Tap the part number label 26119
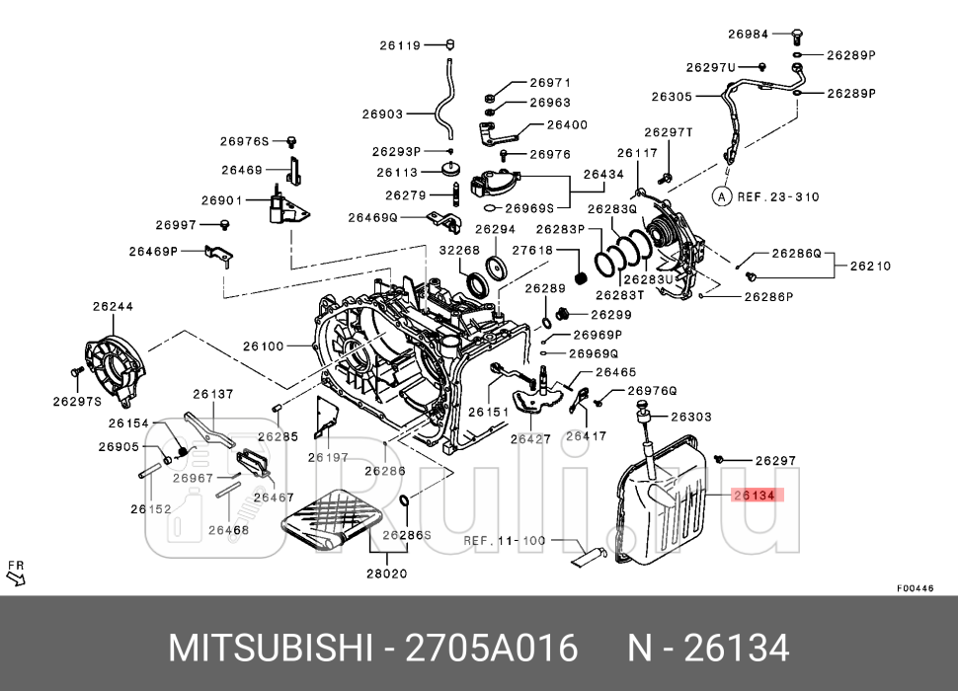[401, 44]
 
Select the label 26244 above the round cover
[113, 307]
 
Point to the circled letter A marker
[722, 196]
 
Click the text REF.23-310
[778, 196]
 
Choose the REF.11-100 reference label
[505, 541]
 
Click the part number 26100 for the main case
[263, 345]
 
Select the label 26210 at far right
[870, 266]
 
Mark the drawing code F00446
[915, 587]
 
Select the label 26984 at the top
[748, 34]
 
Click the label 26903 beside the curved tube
[382, 115]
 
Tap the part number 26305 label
[672, 97]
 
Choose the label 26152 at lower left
[150, 509]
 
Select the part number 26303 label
[691, 417]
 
